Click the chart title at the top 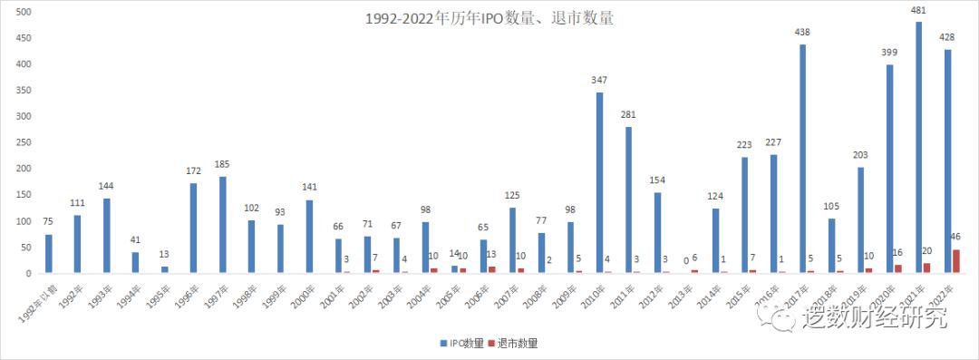tap(489, 18)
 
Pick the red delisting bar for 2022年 tap(956, 261)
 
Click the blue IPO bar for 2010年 tap(599, 182)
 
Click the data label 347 tap(599, 80)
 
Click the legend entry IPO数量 tap(461, 344)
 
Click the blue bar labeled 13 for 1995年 tap(164, 269)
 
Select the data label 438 tap(802, 33)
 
